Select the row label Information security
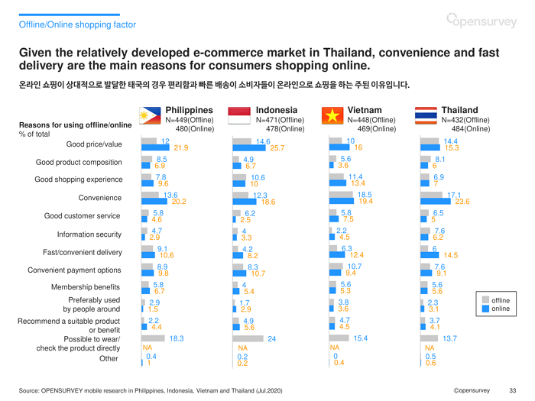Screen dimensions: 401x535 click(x=89, y=234)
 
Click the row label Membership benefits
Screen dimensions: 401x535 click(x=86, y=286)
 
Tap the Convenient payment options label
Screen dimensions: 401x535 click(x=75, y=269)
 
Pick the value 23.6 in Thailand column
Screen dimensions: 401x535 click(x=462, y=202)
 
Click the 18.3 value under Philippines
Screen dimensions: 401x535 click(x=177, y=338)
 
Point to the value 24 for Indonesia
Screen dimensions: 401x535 click(x=271, y=338)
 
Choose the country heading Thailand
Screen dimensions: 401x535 click(x=459, y=110)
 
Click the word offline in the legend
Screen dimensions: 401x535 click(x=501, y=299)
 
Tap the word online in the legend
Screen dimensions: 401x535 click(x=501, y=309)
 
